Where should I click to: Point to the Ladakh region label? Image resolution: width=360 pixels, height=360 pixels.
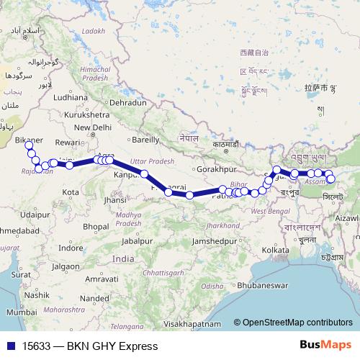click(93, 31)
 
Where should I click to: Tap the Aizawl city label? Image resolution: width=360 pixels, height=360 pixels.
click(346, 217)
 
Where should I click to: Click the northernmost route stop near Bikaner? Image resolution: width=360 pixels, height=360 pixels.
click(30, 146)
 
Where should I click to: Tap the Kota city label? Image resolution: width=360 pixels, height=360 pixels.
click(71, 192)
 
